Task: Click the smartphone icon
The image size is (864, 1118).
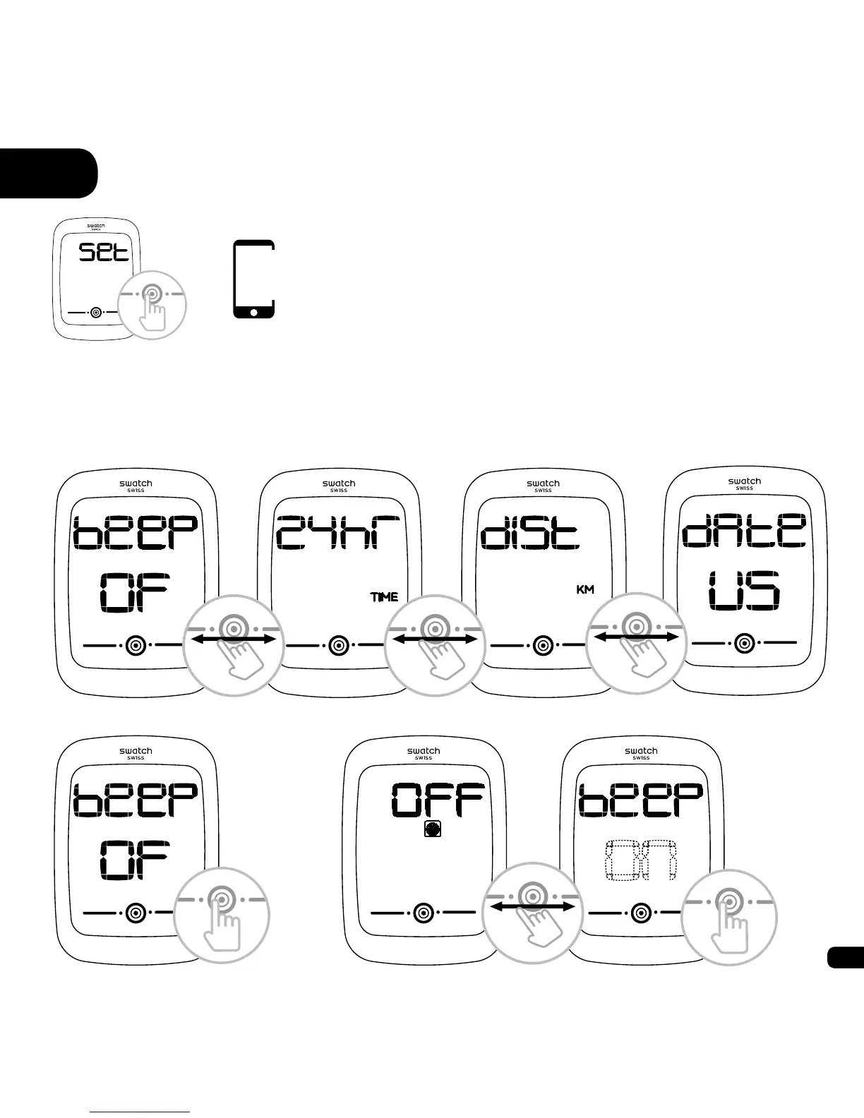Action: [253, 279]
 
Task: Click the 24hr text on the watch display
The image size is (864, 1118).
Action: [338, 532]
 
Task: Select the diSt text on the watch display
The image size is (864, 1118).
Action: [530, 533]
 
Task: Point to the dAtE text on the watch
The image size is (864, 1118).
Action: [744, 530]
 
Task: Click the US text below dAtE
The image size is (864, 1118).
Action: [745, 591]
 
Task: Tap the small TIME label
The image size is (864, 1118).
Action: [385, 597]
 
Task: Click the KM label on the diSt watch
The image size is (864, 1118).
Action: [585, 589]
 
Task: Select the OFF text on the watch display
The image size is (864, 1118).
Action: [438, 800]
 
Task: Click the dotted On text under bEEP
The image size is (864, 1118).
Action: [642, 860]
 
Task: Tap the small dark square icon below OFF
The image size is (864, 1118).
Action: [433, 830]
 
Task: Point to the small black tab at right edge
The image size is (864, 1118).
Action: [845, 958]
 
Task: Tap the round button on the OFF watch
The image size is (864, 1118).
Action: [423, 912]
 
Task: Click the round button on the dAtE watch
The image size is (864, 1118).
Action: [743, 643]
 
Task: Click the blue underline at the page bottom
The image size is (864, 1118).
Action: [140, 1112]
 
